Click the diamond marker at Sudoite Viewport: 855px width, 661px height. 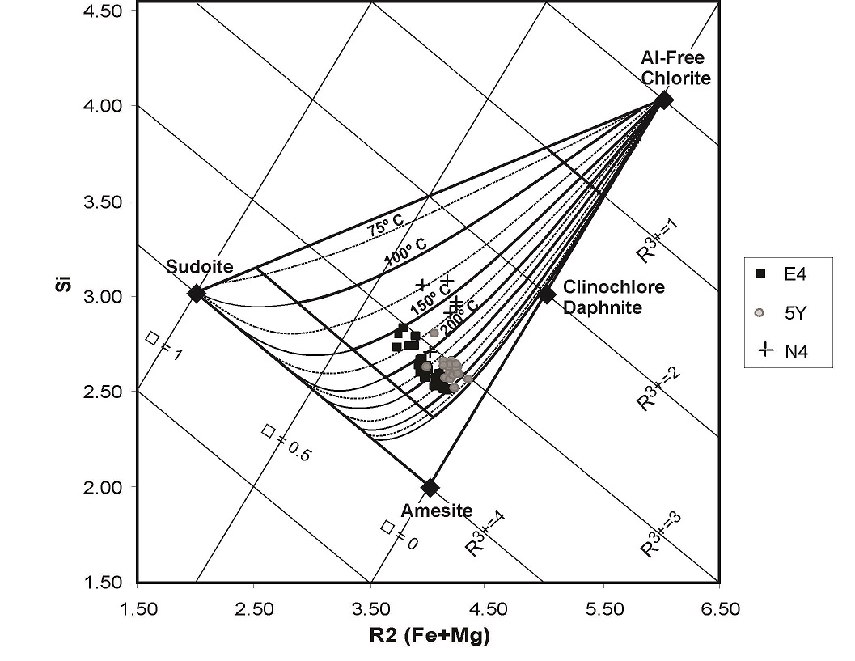pyautogui.click(x=196, y=293)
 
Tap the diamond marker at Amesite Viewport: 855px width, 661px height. pyautogui.click(x=430, y=488)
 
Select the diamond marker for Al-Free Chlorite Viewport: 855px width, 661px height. pyautogui.click(x=664, y=100)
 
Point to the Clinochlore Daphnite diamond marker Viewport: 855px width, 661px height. pyautogui.click(x=547, y=294)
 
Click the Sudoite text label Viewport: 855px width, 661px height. pyautogui.click(x=199, y=267)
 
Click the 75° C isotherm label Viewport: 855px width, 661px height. pyautogui.click(x=384, y=229)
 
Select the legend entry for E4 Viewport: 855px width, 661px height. pyautogui.click(x=784, y=273)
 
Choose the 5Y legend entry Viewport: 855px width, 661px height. pyautogui.click(x=784, y=312)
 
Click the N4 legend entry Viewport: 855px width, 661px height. pyautogui.click(x=784, y=351)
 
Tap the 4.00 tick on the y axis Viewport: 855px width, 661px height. pyautogui.click(x=106, y=106)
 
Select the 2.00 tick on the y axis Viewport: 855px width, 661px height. pyautogui.click(x=106, y=487)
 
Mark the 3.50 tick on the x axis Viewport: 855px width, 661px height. pyautogui.click(x=370, y=609)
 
